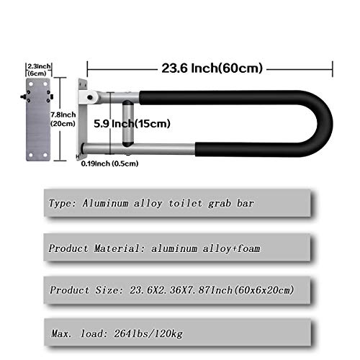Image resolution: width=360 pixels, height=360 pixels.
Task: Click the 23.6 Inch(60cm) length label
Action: pyautogui.click(x=210, y=69)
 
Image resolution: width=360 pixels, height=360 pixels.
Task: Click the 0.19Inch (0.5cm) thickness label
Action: pyautogui.click(x=109, y=163)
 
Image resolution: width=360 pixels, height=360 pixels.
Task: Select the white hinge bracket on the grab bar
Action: pyautogui.click(x=89, y=94)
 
